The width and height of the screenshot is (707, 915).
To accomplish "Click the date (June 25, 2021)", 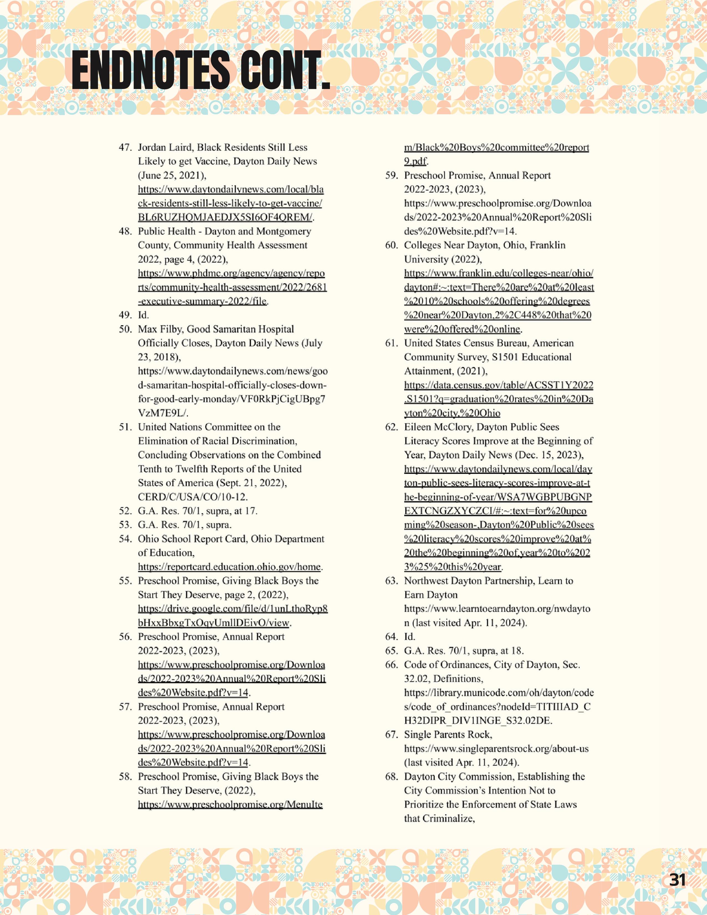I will tap(172, 175).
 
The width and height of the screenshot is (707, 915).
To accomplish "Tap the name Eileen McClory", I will tap(438, 427).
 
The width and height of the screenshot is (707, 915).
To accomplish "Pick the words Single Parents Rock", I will tap(447, 734).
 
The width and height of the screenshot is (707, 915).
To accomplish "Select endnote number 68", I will tap(391, 776).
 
